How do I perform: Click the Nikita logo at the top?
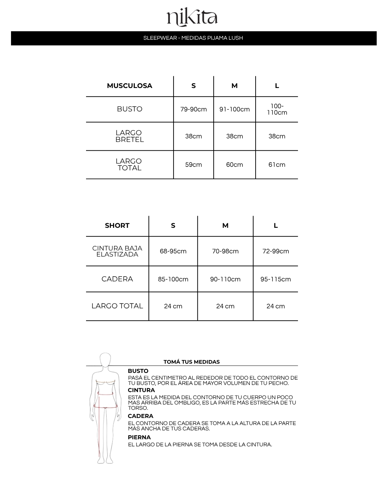point(192,18)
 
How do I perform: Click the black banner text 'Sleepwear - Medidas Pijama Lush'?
point(193,38)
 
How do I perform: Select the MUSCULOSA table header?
point(129,86)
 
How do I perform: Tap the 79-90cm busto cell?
point(193,109)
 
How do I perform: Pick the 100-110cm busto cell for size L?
point(277,109)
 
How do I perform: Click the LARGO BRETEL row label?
point(129,136)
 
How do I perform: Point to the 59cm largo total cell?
point(193,165)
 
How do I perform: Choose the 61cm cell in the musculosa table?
point(277,165)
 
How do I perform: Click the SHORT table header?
point(117,226)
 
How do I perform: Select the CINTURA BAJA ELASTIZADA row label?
point(117,251)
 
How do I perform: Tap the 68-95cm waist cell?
point(173,251)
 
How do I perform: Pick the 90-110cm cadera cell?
point(225,279)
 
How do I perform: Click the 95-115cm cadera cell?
point(276,279)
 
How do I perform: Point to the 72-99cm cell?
point(276,251)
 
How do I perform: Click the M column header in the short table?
point(225,226)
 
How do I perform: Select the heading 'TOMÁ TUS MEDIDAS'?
point(192,362)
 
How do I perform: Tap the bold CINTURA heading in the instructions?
point(141,390)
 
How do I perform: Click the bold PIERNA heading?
point(139,437)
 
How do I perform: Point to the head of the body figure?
point(105,360)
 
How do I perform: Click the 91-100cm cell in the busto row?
point(234,109)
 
